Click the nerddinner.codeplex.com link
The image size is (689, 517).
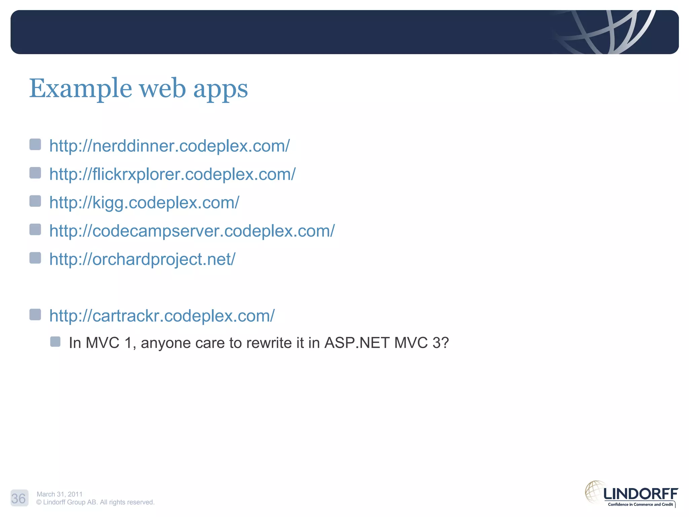(x=169, y=146)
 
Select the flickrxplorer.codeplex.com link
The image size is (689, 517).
(x=172, y=174)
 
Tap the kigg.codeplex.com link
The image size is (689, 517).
(x=144, y=203)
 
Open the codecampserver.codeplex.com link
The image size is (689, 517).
(x=192, y=231)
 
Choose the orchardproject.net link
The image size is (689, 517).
(x=142, y=259)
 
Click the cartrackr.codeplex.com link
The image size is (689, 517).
(x=162, y=316)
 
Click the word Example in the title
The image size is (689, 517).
(x=80, y=89)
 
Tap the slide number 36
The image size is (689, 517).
(x=19, y=498)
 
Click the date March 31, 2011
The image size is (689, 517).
(x=60, y=494)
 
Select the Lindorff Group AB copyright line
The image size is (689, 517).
(x=95, y=502)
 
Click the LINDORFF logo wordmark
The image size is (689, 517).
(x=641, y=494)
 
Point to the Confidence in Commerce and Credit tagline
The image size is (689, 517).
(x=640, y=504)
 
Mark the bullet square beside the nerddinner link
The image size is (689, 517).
(x=35, y=144)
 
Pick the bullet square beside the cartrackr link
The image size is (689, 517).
(x=35, y=314)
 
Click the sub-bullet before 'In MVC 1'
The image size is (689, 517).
(x=55, y=342)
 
